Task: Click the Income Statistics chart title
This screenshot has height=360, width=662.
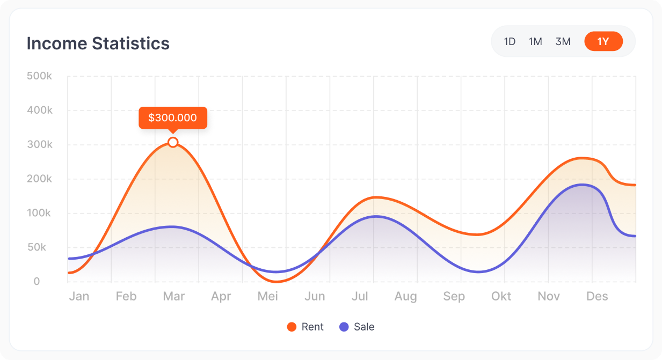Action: point(98,43)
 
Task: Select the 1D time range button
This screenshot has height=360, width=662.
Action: point(510,41)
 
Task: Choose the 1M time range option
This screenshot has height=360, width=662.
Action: point(535,41)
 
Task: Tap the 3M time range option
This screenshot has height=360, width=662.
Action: point(563,41)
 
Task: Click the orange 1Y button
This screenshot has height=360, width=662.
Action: point(603,41)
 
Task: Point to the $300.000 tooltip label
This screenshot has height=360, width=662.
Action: point(172,117)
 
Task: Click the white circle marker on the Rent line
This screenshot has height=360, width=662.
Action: point(173,142)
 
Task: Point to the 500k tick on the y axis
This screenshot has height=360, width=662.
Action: point(39,76)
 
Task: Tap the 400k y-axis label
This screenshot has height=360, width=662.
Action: point(39,110)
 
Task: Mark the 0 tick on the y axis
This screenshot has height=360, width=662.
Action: point(37,281)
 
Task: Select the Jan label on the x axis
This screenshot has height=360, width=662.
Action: point(79,296)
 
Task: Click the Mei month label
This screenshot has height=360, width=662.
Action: point(268,296)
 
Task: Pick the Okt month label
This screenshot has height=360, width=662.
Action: point(501,296)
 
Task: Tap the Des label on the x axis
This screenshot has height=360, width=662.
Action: point(597,296)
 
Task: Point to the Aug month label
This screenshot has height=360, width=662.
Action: point(405,296)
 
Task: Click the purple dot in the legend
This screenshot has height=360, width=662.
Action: point(344,327)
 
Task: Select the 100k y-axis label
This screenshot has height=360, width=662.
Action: point(39,213)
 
